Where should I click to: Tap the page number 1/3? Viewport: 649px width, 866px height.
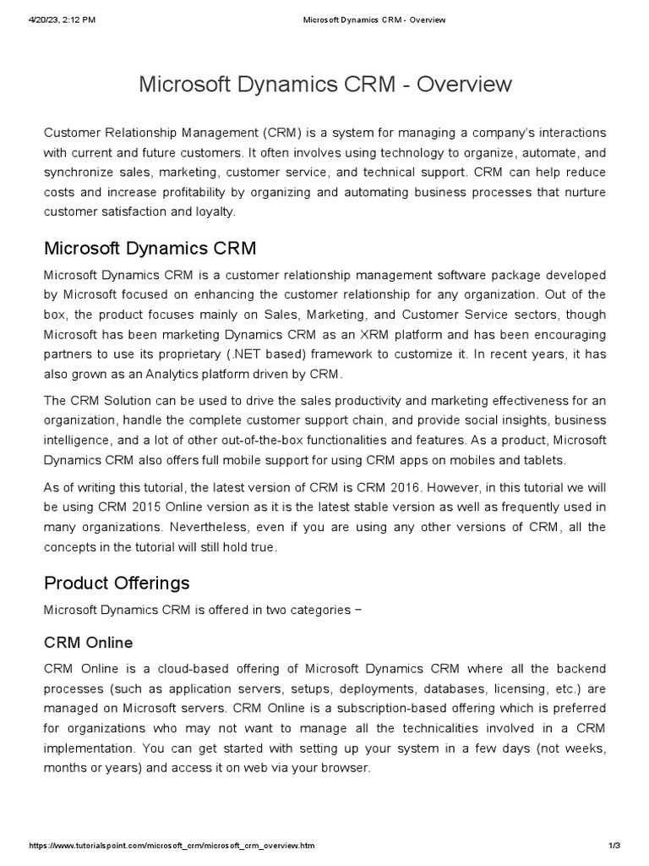tap(614, 846)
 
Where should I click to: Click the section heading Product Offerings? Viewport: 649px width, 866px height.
tap(117, 583)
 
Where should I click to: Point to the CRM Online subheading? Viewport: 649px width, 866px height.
tap(88, 642)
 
